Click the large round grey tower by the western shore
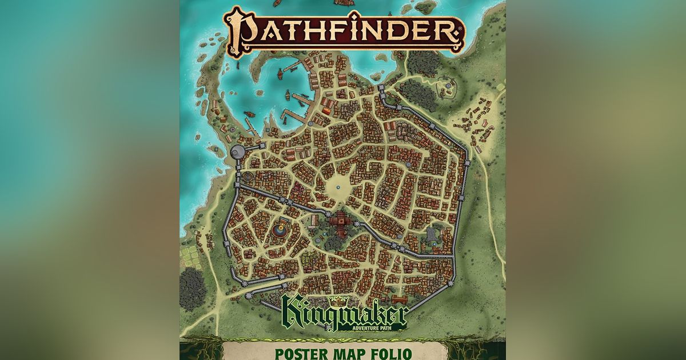point(238,151)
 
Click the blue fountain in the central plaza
point(338,186)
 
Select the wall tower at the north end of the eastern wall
point(382,89)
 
